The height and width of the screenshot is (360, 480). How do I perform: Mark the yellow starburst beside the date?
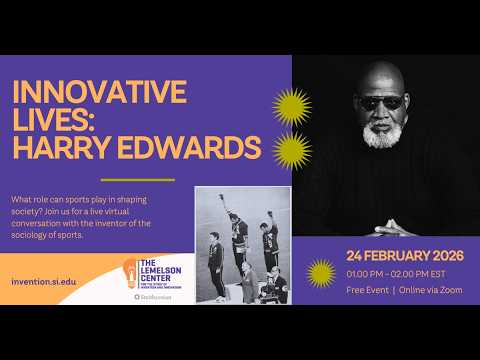click(x=320, y=271)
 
